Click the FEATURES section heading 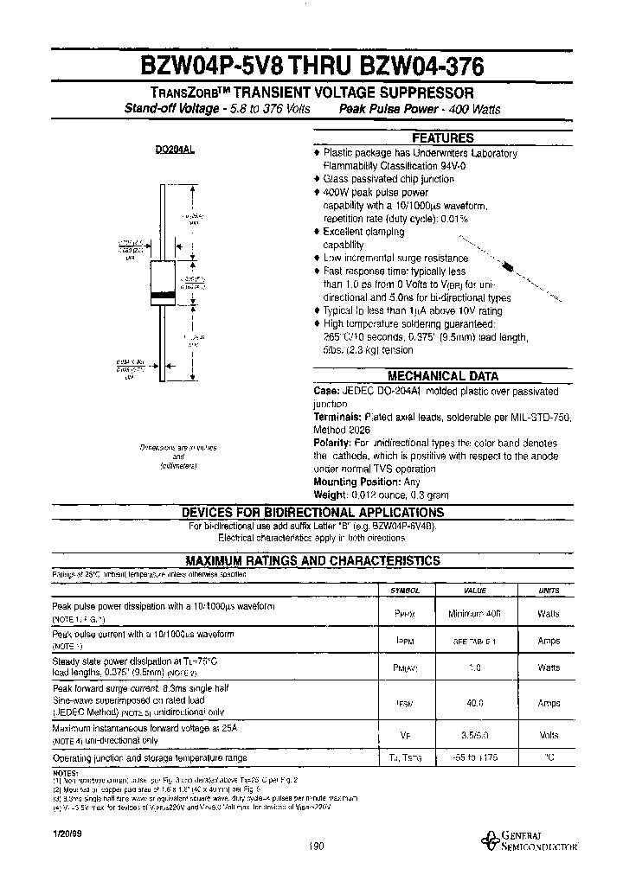point(442,138)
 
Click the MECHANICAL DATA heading point(442,376)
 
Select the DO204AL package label point(175,150)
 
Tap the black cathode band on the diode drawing point(163,296)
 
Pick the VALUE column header point(475,590)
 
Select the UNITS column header point(549,590)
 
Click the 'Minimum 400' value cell point(475,611)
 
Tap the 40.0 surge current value point(475,703)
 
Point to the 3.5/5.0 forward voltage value point(475,733)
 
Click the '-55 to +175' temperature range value point(475,757)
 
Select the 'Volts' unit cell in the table point(549,733)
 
